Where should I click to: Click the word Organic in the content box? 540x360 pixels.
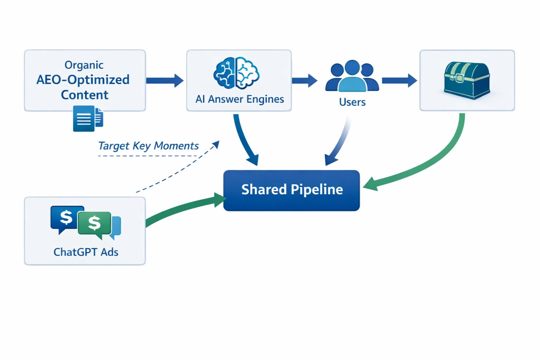84,65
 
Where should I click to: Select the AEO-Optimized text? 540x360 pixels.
83,80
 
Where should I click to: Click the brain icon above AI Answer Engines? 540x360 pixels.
236,73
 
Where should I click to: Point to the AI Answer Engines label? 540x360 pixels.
239,99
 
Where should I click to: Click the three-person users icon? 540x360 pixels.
352,76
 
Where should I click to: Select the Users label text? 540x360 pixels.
352,102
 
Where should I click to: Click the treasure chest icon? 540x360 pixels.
467,81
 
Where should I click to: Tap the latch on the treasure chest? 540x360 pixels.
459,77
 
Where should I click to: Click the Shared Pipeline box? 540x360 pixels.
291,190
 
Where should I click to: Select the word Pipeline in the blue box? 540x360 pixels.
317,190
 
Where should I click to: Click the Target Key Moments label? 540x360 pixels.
148,146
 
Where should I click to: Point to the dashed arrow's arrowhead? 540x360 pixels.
216,144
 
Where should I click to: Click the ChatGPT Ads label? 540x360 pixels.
86,252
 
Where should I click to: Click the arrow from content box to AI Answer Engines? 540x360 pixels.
165,81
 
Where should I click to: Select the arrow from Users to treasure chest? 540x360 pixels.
399,81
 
